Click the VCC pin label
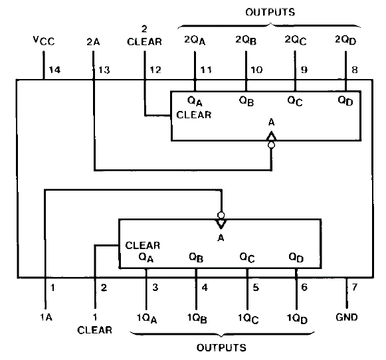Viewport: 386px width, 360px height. [44, 41]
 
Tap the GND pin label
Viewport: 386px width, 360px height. [347, 317]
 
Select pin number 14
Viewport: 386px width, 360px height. [54, 70]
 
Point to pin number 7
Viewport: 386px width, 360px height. [354, 287]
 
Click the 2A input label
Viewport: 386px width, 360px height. [93, 42]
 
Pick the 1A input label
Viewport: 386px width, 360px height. [47, 317]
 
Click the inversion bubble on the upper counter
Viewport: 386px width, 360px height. [271, 145]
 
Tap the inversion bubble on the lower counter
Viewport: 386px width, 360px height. [221, 215]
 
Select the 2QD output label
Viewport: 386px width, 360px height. [345, 40]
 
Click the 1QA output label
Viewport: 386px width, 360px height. [147, 318]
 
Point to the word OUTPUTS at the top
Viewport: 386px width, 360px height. [270, 12]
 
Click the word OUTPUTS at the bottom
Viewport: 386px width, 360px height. [221, 347]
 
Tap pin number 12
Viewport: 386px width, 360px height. [155, 70]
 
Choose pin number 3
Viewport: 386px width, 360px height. [155, 287]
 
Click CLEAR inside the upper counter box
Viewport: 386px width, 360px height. [194, 115]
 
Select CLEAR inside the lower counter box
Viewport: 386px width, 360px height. [143, 245]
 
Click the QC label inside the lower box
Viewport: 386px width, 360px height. [247, 258]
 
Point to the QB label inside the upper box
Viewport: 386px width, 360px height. [246, 101]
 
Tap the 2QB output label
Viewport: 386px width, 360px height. [246, 40]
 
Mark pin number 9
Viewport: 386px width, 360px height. [304, 70]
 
